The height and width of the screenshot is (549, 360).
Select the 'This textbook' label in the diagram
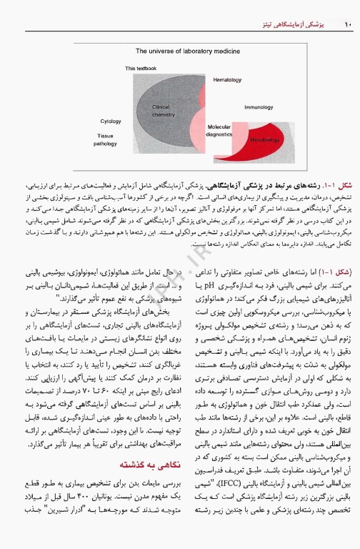coord(140,69)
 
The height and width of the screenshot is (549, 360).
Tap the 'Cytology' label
coord(111,122)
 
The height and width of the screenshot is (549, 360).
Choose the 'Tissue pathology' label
coord(105,139)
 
